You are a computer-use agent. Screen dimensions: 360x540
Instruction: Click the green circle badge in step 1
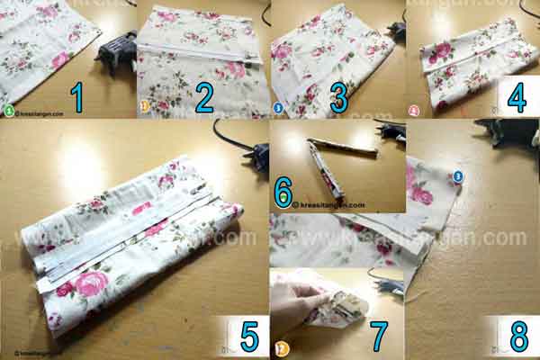pos(9,112)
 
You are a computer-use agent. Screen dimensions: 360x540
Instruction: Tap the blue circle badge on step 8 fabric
pos(457,177)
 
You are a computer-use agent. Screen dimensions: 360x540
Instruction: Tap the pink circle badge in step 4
pos(414,112)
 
